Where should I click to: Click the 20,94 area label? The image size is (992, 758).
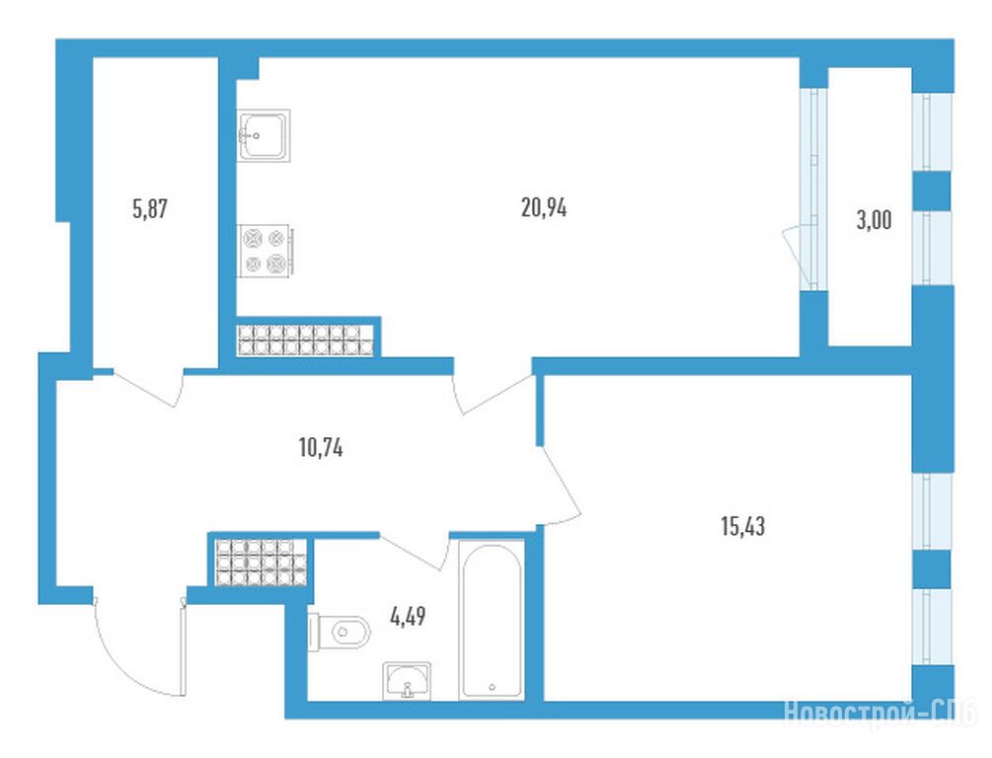coord(544,207)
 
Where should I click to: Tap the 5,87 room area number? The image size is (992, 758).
coord(150,208)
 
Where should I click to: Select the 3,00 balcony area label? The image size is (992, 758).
coord(874,220)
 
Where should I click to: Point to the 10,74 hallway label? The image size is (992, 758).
coord(321,448)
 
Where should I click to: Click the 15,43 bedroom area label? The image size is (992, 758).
coord(742,526)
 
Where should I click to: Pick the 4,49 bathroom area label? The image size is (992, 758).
coord(408,616)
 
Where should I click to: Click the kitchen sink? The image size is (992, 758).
coord(264,135)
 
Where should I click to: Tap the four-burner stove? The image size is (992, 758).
coord(266,251)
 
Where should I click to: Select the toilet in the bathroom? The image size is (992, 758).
coord(339,632)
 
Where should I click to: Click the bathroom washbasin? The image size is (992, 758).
coord(407,681)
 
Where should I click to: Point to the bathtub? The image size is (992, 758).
coord(492,620)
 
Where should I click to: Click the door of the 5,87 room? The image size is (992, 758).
coord(147,387)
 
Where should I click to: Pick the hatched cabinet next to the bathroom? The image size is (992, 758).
coord(261,563)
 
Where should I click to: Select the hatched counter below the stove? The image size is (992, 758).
coord(306,340)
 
